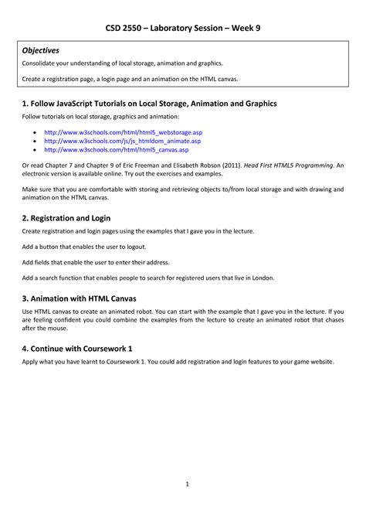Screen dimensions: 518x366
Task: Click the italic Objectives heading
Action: click(x=41, y=50)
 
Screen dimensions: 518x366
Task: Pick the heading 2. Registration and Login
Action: click(x=73, y=217)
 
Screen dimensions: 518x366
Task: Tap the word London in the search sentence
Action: click(x=259, y=277)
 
